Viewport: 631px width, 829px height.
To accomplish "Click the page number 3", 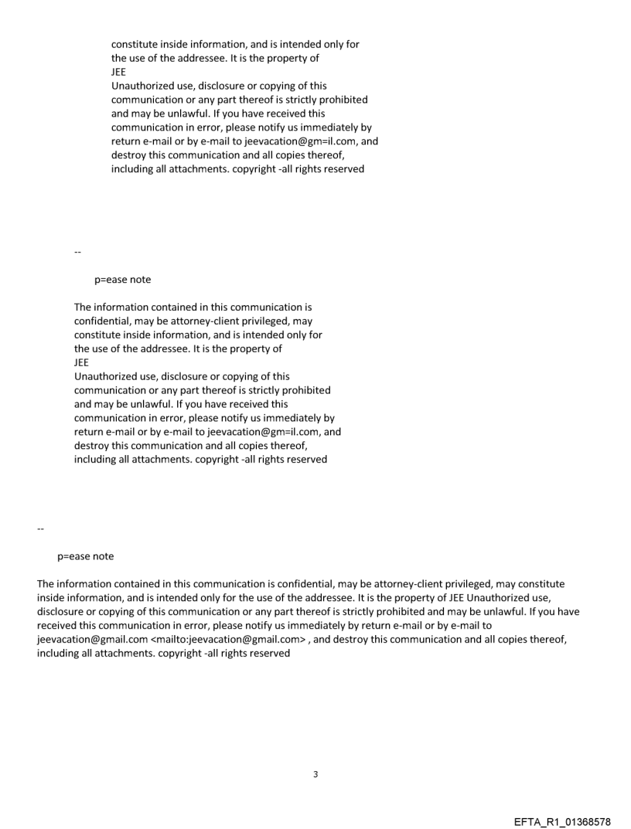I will click(x=315, y=773).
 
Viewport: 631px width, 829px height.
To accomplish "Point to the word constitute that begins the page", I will click(x=136, y=45).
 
